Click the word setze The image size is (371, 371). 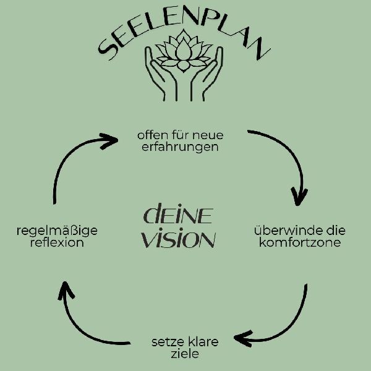click(x=166, y=341)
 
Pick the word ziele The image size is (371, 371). click(x=185, y=354)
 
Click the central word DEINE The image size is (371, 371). click(x=178, y=216)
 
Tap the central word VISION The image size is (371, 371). click(x=178, y=239)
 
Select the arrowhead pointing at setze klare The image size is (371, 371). click(x=244, y=338)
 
